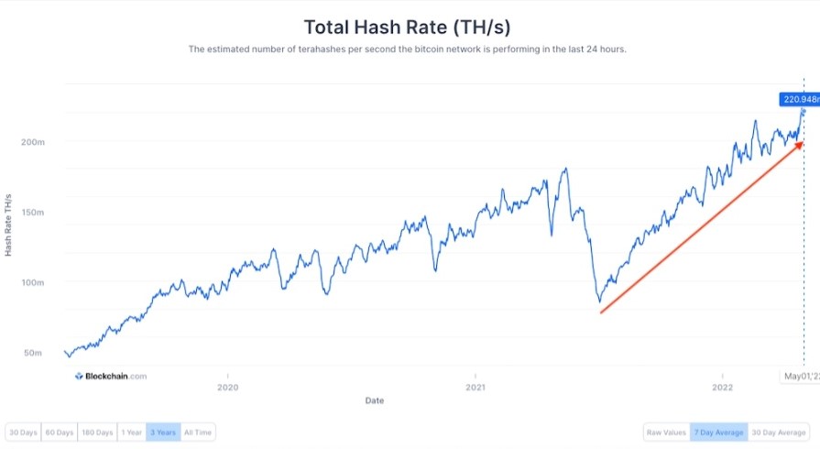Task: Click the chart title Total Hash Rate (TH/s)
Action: coord(407,27)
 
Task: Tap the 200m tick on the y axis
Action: coord(34,142)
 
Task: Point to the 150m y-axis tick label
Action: coord(34,213)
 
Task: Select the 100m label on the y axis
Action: coord(34,282)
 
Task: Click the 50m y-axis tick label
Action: coord(34,353)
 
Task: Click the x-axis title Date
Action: coord(375,400)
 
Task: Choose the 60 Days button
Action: coord(60,433)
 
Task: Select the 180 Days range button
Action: coord(97,433)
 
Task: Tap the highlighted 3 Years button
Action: coord(163,433)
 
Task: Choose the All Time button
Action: coord(197,433)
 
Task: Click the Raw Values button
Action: coord(666,433)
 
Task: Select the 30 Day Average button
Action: coord(778,433)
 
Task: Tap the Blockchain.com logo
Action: coord(110,376)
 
